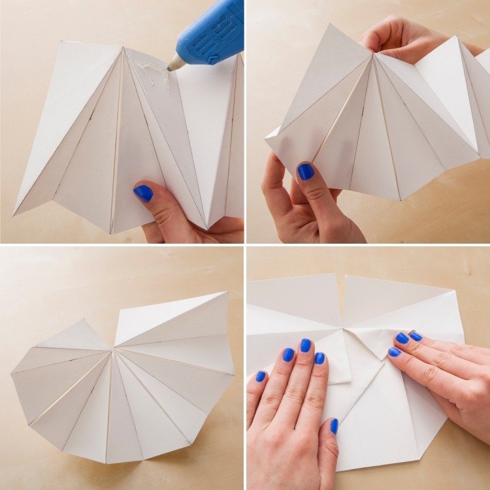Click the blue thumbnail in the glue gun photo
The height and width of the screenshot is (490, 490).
(x=143, y=193)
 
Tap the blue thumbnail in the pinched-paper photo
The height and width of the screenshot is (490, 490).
(x=305, y=171)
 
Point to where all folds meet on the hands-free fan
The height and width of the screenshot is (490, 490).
(x=115, y=351)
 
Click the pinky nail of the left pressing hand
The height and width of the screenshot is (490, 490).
(x=261, y=376)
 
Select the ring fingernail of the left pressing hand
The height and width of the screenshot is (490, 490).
(x=287, y=354)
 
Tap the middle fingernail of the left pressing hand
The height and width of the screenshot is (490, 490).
(x=305, y=345)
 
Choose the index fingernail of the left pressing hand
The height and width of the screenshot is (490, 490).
(x=319, y=358)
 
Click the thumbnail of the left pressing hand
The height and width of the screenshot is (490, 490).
(x=334, y=426)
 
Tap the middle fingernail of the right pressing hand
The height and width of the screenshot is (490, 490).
(x=402, y=338)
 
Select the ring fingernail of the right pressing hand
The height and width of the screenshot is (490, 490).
(x=416, y=336)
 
